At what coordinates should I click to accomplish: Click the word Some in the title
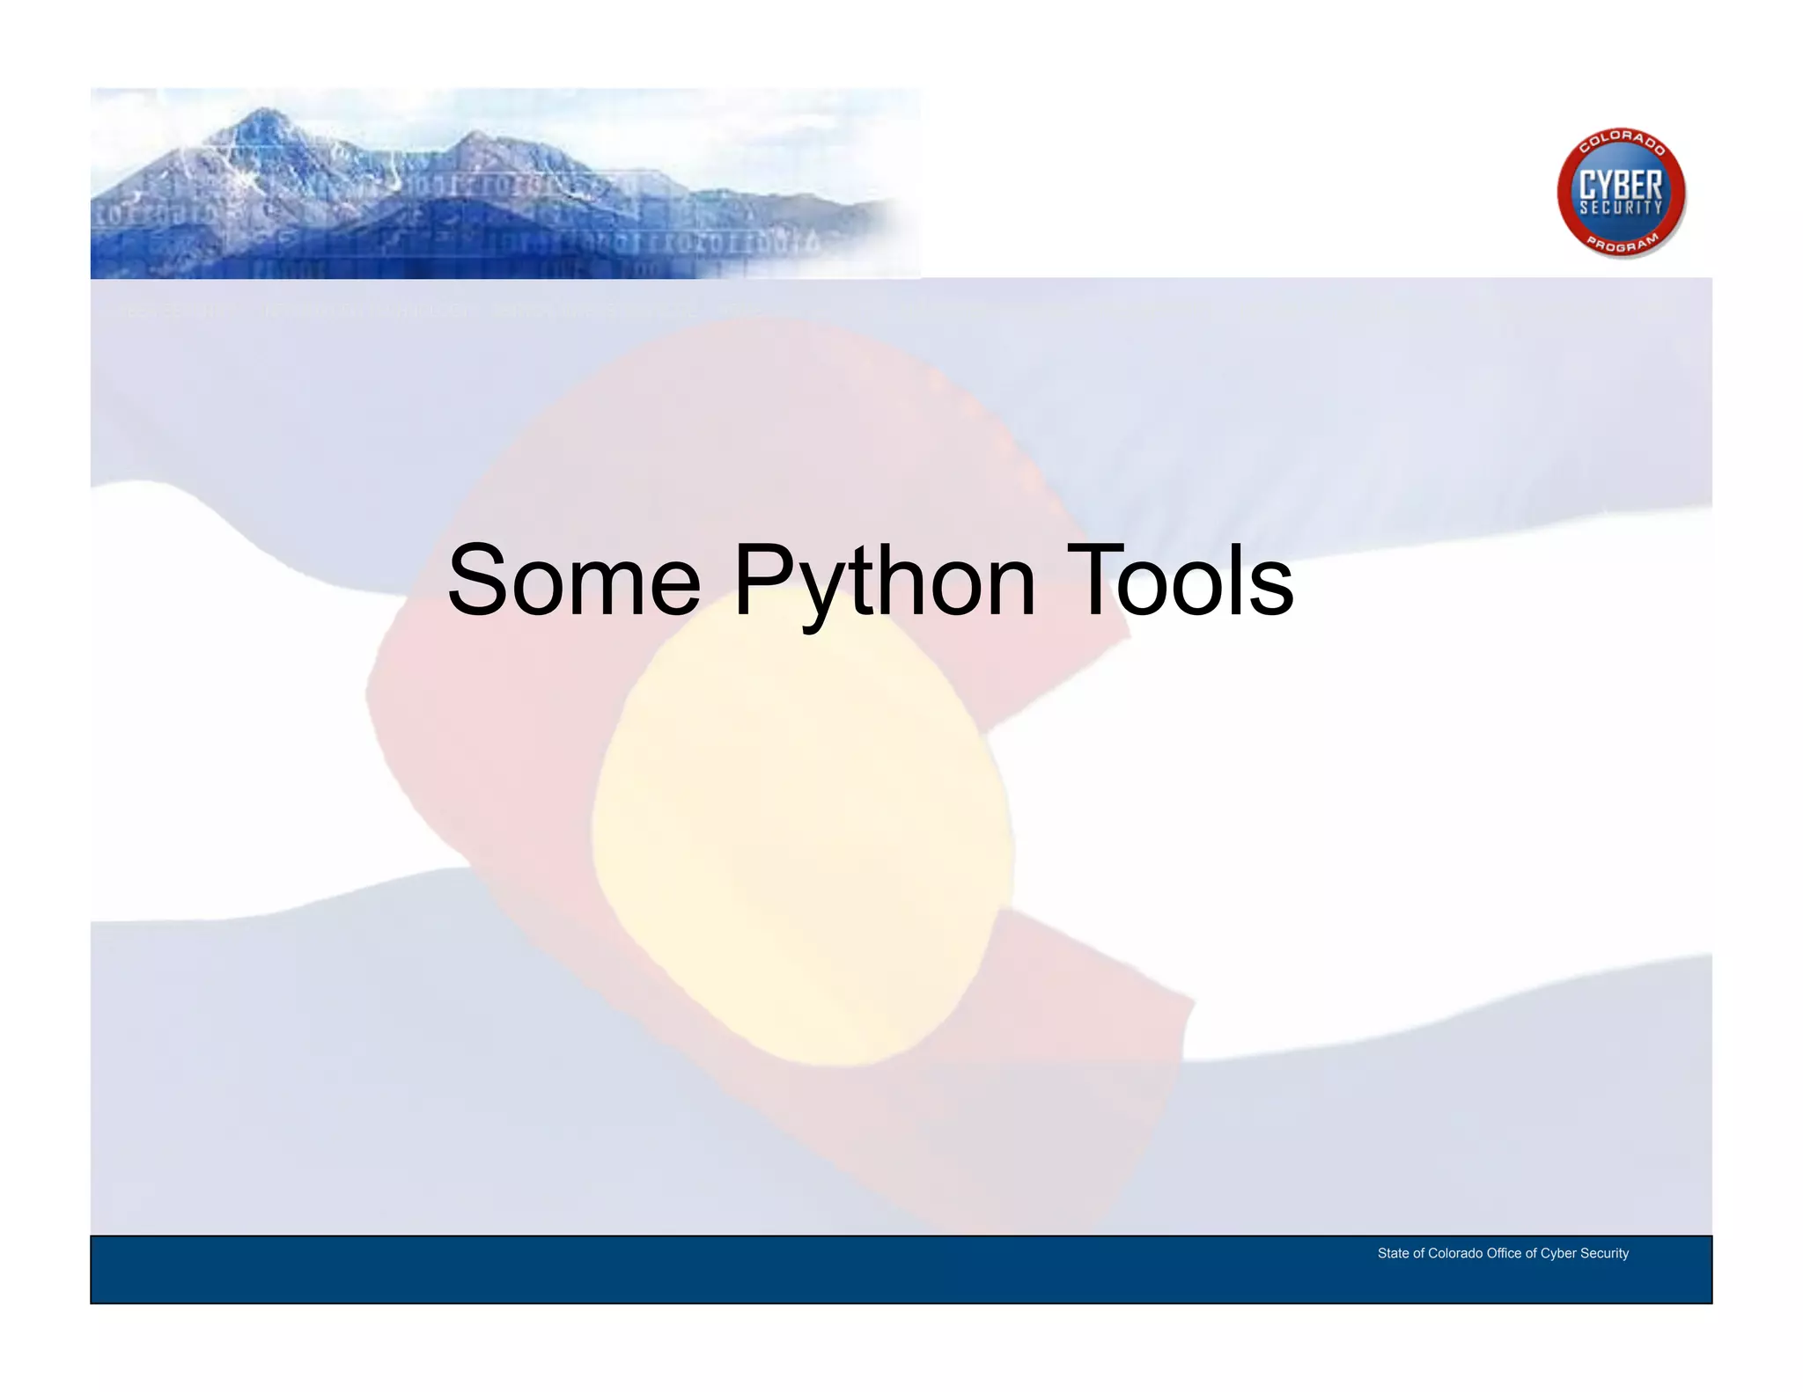[574, 582]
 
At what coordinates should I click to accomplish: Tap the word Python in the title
[884, 582]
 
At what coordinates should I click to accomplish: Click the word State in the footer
[1393, 1253]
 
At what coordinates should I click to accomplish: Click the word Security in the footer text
[1605, 1253]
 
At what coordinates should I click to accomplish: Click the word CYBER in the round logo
[1621, 185]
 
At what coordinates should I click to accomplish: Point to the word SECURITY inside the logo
[1621, 209]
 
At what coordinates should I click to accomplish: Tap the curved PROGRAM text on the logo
[1622, 244]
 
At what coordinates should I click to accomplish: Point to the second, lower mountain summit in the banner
[475, 136]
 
